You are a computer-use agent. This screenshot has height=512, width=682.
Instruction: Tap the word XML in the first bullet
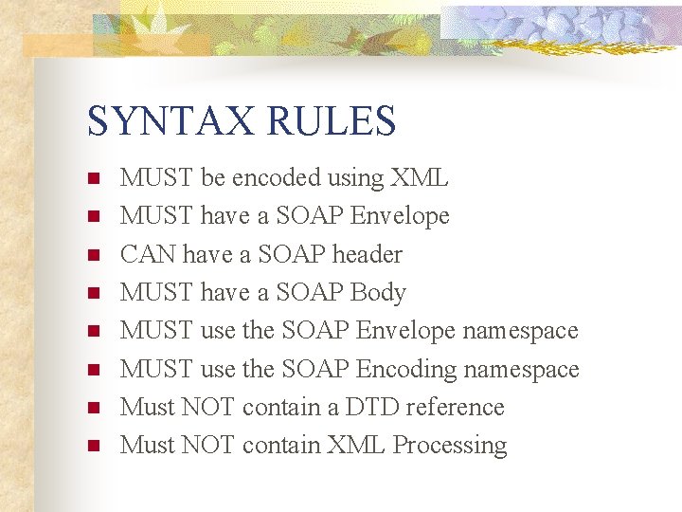coord(420,178)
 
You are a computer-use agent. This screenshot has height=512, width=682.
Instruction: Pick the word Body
coord(378,293)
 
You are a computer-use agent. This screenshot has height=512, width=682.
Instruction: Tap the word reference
coord(455,407)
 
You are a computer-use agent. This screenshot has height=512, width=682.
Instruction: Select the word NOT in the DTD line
coord(208,407)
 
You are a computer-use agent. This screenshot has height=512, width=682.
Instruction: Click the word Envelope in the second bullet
coord(400,216)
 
